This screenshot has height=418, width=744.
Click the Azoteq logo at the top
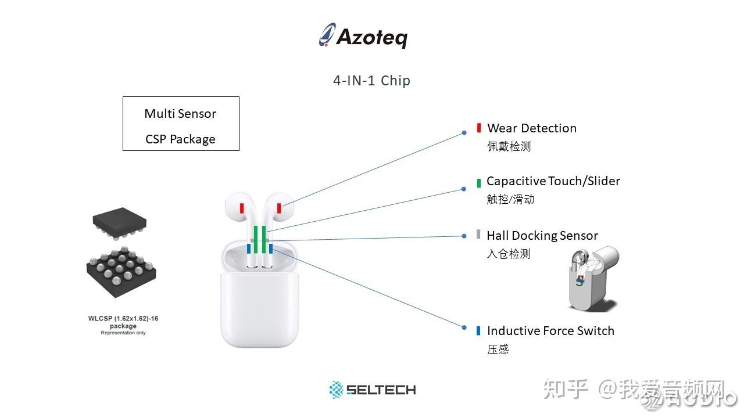click(363, 36)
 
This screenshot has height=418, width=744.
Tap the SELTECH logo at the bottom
click(373, 390)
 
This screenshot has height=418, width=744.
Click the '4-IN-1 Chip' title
click(371, 80)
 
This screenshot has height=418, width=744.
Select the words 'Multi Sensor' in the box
click(180, 114)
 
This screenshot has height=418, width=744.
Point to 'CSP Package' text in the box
click(180, 139)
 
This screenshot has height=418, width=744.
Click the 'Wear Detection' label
click(532, 128)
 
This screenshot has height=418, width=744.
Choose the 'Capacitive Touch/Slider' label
click(553, 181)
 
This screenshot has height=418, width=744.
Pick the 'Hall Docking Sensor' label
click(542, 236)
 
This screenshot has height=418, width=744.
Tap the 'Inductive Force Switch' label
click(550, 331)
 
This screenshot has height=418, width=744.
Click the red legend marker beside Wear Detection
click(479, 128)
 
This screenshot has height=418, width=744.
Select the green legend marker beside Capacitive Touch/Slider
click(478, 182)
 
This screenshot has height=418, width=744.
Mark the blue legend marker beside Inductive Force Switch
click(478, 331)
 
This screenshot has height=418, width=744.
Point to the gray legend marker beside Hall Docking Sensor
click(478, 235)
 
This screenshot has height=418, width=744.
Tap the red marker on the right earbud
click(279, 208)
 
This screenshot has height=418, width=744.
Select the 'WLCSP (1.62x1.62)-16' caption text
click(123, 319)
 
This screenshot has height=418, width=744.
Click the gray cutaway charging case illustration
click(593, 279)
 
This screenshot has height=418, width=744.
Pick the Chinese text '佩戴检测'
click(509, 146)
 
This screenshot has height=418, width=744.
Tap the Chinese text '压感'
click(498, 349)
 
